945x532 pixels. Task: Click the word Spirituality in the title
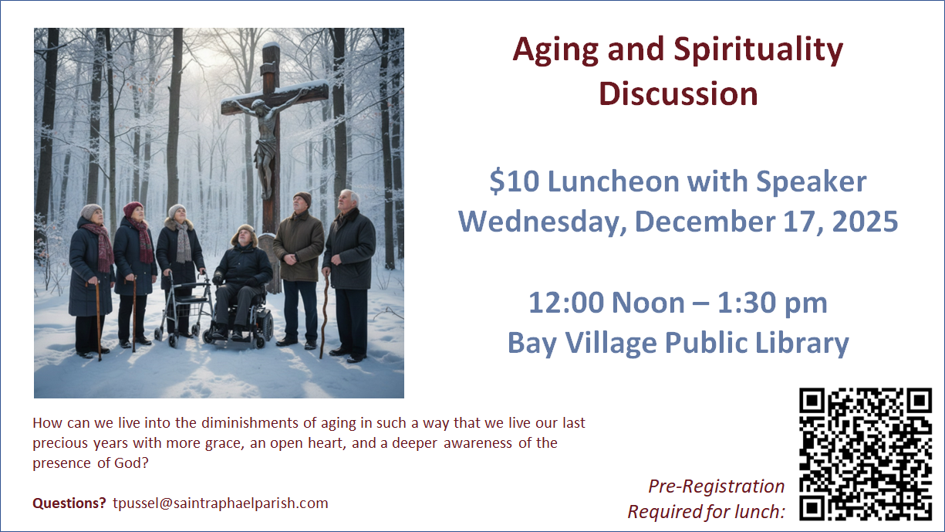tap(758, 51)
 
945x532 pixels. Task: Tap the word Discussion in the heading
tap(678, 93)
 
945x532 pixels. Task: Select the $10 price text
tap(515, 181)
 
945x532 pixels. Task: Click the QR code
tap(866, 454)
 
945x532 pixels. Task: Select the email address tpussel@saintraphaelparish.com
tap(220, 503)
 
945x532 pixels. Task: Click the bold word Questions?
tap(69, 503)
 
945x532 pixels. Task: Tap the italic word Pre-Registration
tap(717, 486)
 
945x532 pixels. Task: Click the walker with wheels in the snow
tap(184, 308)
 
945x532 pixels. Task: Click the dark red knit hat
tap(133, 208)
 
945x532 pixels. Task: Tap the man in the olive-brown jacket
tap(299, 270)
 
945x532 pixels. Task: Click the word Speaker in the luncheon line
tap(811, 182)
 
